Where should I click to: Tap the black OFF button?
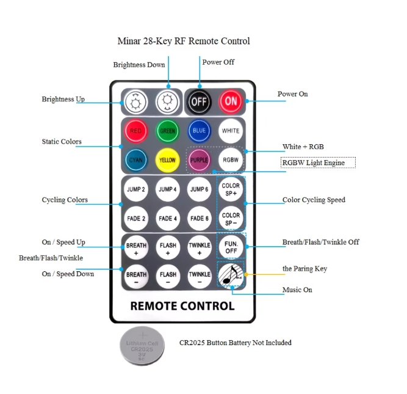coord(199,102)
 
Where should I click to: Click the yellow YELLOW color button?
coord(167,160)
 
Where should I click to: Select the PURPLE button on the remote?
coord(199,160)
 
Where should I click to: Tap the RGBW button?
coord(231,160)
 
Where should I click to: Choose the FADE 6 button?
coord(199,218)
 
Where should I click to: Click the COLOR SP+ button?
coord(231,189)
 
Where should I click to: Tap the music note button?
coord(231,274)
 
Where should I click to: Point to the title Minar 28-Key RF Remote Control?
coord(184,42)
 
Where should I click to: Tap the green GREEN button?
coord(167,131)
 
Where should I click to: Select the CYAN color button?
coord(135,160)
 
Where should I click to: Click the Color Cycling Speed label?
coord(314,200)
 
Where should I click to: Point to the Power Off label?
coord(218,62)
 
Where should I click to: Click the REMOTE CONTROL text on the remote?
coord(182,306)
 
